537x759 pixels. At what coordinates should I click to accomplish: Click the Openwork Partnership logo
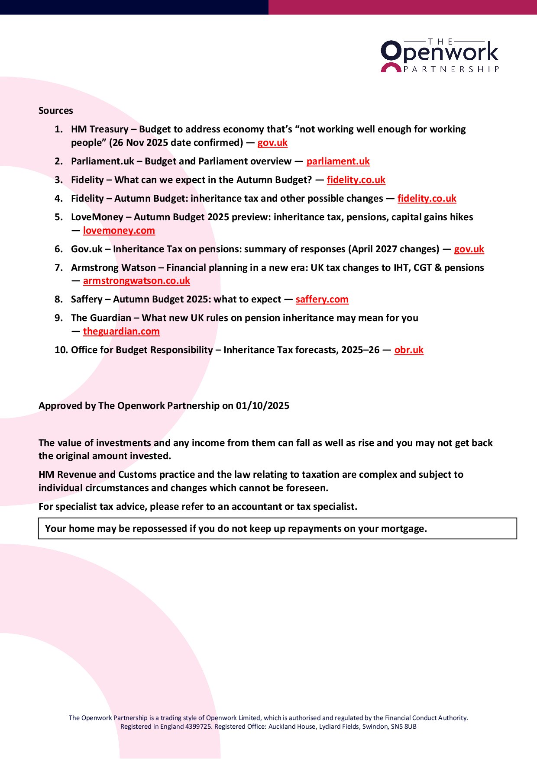[440, 56]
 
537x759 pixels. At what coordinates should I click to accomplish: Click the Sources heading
[55, 111]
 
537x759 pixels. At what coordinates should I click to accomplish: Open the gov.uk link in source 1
[272, 143]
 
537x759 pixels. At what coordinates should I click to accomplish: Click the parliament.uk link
[338, 161]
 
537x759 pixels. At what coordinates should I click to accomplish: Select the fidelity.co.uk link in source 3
[356, 180]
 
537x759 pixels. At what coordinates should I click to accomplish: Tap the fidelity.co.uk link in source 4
[427, 199]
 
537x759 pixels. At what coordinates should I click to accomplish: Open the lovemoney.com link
[119, 231]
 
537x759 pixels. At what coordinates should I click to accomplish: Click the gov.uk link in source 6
[469, 249]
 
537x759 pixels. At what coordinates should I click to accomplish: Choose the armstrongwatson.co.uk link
[136, 281]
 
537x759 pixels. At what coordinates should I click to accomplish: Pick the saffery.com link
[322, 299]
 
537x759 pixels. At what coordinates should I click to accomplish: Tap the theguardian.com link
[121, 331]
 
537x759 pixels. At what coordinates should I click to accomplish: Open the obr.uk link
[409, 350]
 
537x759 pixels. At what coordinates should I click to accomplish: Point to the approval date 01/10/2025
[262, 406]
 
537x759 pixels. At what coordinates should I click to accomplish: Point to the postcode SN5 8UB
[404, 727]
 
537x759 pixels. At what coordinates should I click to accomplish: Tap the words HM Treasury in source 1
[100, 129]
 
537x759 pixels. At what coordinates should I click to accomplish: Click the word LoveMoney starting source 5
[97, 217]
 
